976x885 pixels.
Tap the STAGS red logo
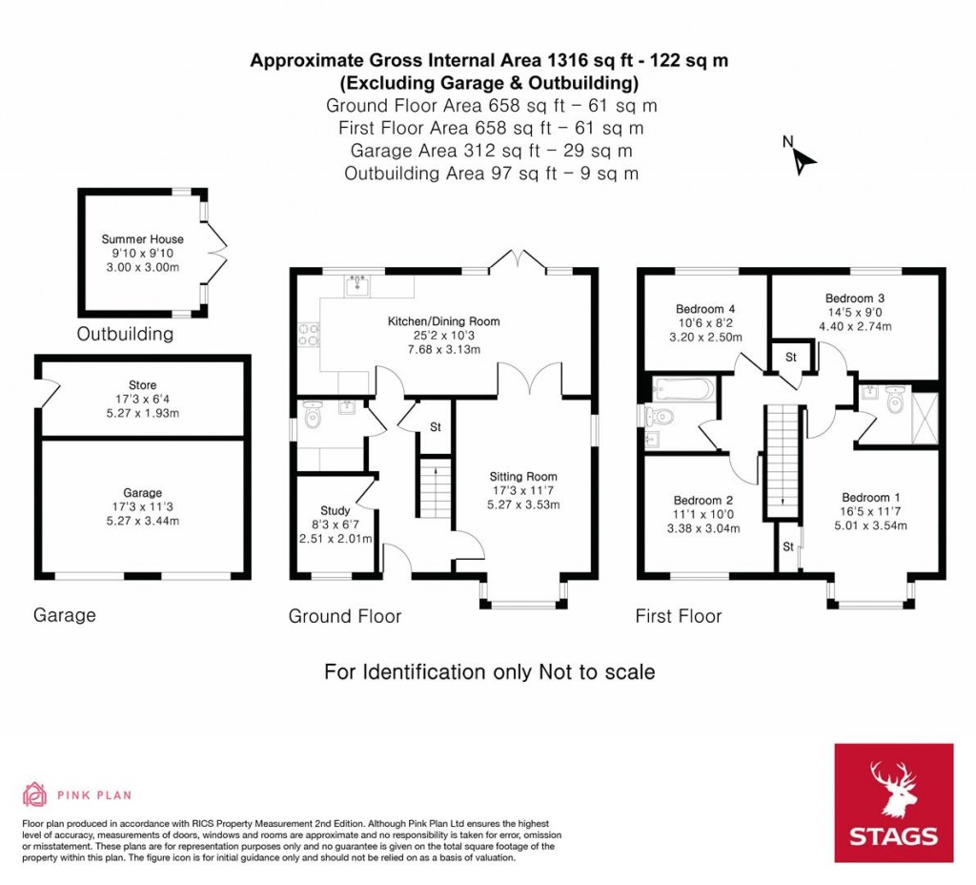click(x=893, y=803)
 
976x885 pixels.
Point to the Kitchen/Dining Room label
click(x=443, y=321)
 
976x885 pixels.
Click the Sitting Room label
click(x=522, y=477)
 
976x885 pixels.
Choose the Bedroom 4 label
click(x=704, y=309)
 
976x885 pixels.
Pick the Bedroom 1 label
click(x=870, y=498)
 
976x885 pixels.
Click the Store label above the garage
click(x=142, y=385)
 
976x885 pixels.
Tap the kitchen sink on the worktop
click(x=360, y=284)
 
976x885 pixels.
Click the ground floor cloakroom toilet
click(x=314, y=415)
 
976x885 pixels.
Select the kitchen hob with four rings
click(x=310, y=334)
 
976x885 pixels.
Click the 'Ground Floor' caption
click(x=345, y=617)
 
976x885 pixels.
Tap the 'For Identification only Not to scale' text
click(x=490, y=672)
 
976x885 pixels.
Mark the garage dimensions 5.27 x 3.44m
click(x=142, y=521)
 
